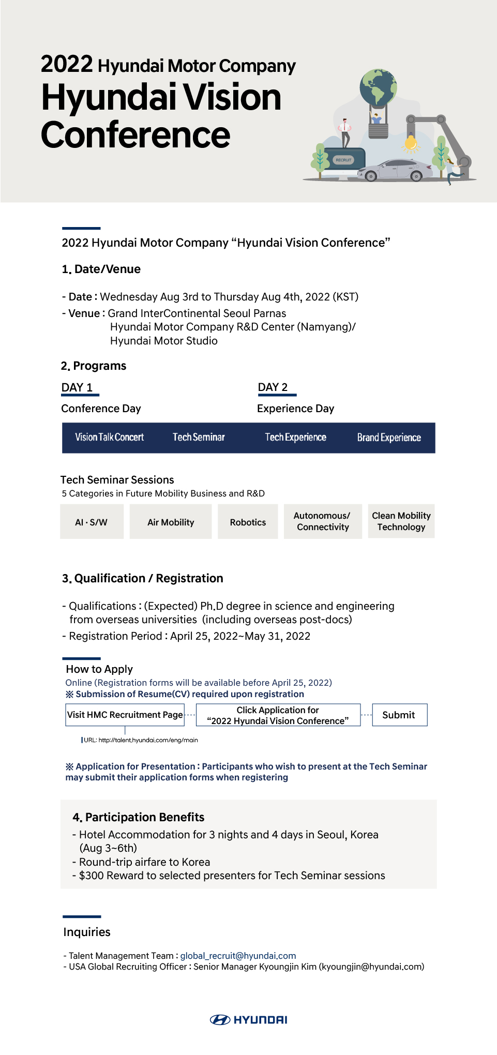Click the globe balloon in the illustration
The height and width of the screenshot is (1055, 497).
[378, 88]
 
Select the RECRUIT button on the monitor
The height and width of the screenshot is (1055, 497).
[343, 160]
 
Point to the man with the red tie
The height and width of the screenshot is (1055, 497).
[345, 131]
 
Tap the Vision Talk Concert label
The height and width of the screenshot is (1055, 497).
[110, 438]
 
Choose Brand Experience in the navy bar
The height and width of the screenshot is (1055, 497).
[389, 438]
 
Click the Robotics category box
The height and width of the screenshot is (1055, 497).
[248, 522]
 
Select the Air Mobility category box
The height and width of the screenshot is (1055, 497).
[171, 522]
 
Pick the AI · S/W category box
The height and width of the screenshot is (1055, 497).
[92, 522]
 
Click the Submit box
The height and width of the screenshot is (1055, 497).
[399, 715]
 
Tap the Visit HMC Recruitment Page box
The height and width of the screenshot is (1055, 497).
[125, 715]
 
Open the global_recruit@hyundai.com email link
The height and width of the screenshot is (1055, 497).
[238, 956]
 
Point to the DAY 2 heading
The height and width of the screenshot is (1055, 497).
[273, 387]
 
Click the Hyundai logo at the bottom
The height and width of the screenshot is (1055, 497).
[249, 1019]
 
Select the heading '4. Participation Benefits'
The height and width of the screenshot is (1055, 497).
[139, 817]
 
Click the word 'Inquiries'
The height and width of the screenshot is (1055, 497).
[87, 932]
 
